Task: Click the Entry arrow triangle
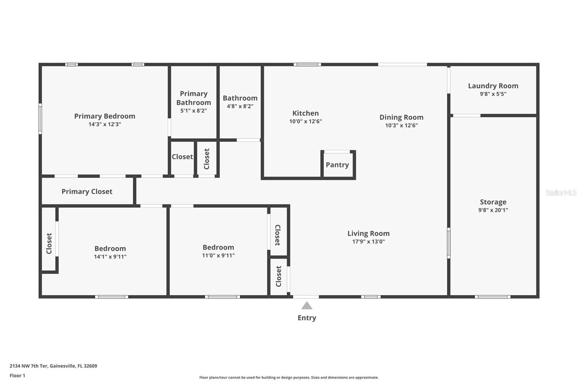coord(307,306)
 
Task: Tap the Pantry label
coord(337,165)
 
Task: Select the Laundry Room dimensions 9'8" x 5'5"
coord(493,94)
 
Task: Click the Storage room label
coord(493,202)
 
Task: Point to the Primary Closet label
coord(87,191)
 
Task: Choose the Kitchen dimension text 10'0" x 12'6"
coord(305,121)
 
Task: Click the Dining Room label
coord(401,117)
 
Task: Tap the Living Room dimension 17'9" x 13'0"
coord(368,242)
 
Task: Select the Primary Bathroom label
coord(194,98)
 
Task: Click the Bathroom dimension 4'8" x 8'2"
coord(240,106)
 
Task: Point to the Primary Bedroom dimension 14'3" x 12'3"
coord(104,124)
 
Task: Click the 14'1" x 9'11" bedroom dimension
coord(110,257)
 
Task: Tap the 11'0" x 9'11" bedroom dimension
coord(218,255)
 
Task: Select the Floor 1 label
coord(17,376)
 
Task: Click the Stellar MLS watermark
coord(561,192)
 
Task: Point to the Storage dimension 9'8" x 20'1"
coord(493,210)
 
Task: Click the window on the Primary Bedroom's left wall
coord(40,119)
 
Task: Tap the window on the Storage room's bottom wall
coord(492,297)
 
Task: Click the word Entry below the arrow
coord(307,318)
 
